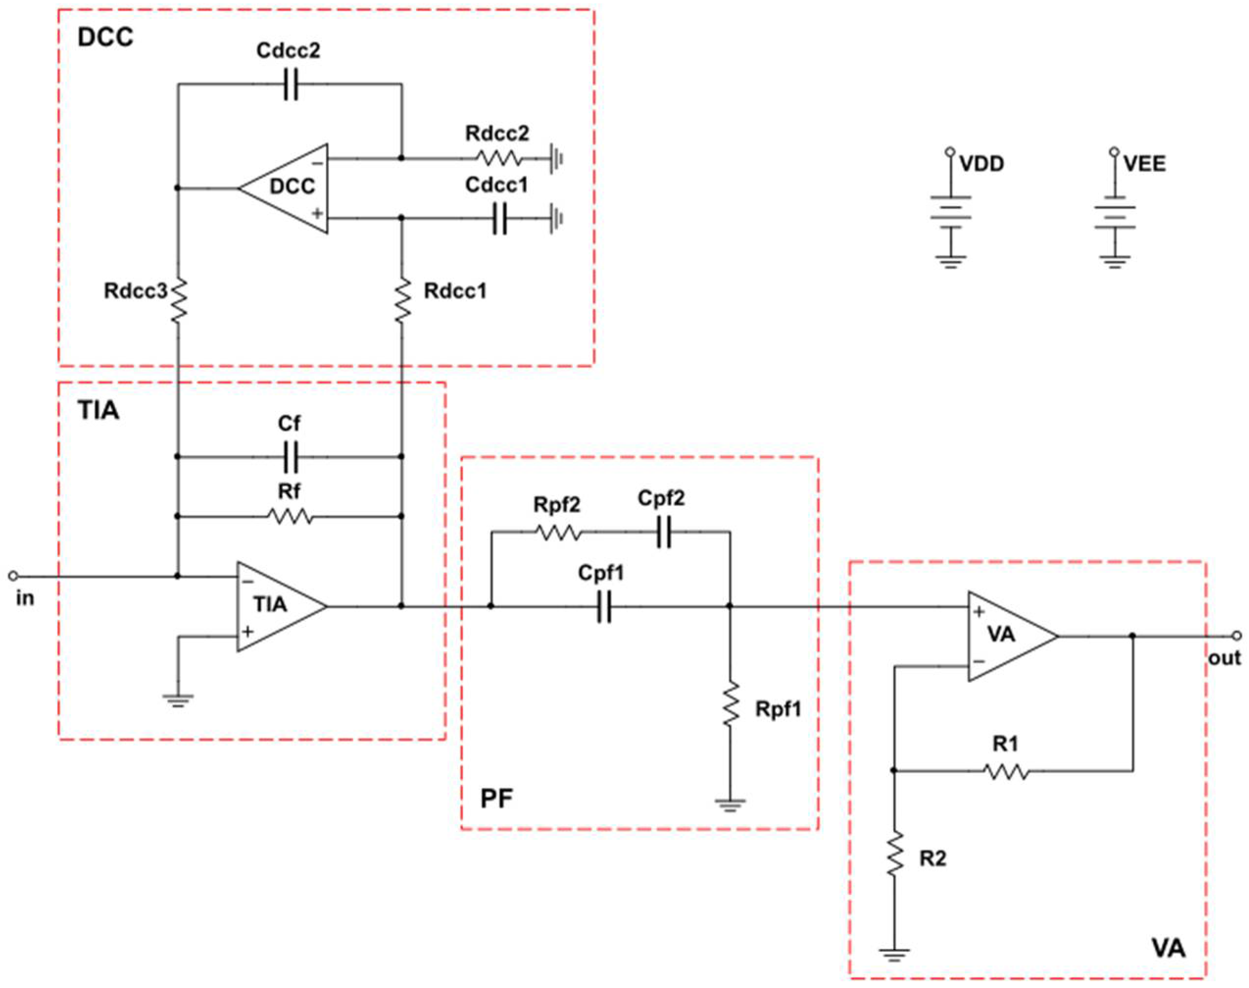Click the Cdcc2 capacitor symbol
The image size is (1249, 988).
click(291, 84)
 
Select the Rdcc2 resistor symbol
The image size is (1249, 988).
click(499, 158)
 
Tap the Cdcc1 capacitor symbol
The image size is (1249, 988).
click(500, 219)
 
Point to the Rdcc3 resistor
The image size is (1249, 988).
click(178, 300)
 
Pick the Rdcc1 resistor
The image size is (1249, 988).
click(402, 300)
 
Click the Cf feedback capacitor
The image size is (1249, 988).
click(291, 457)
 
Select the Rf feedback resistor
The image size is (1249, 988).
click(290, 516)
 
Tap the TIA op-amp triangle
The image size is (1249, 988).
click(278, 606)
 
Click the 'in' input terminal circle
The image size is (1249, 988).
click(13, 576)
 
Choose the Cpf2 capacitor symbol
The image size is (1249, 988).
click(663, 532)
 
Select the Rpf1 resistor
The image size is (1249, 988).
click(731, 704)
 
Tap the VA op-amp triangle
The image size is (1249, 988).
click(1008, 636)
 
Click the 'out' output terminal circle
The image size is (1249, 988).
click(1236, 636)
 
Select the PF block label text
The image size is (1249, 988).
click(496, 799)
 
